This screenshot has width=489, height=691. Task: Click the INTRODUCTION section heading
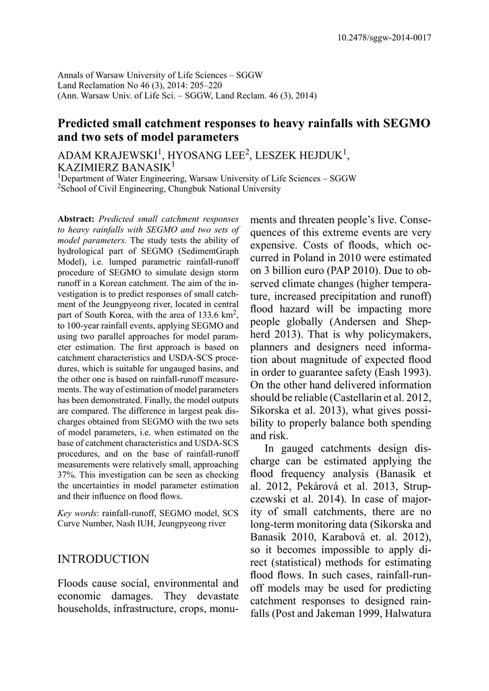104,559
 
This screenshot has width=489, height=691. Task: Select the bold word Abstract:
76,220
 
